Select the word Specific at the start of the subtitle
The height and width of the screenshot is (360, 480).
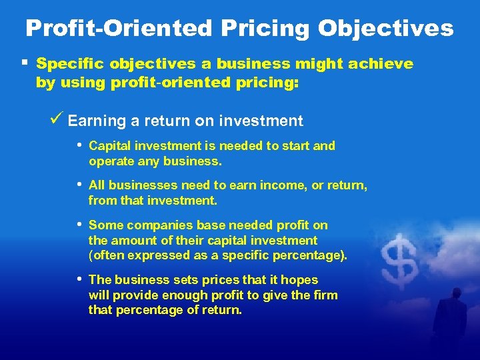pos(67,64)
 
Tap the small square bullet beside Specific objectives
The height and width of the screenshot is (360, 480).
pos(24,63)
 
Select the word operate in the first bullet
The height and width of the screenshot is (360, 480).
pos(110,161)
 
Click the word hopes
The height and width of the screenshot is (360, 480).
pos(300,280)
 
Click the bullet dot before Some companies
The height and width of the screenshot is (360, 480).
pos(80,225)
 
